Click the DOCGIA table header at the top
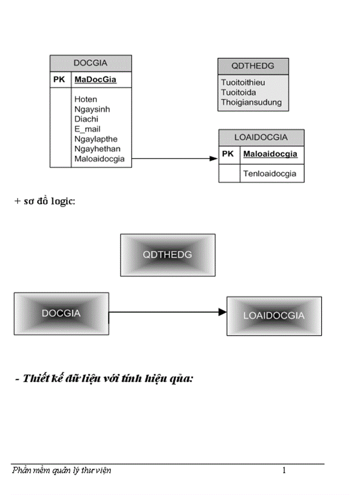pos(90,63)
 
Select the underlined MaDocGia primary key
pos(95,80)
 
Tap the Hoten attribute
pos(86,99)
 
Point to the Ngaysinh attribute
pos(92,109)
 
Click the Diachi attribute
pos(86,119)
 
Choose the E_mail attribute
pos(87,129)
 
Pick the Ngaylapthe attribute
pos(96,139)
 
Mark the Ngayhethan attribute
pos(97,149)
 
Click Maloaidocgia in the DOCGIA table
pos(99,159)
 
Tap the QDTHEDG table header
pos(253,66)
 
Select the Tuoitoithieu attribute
pos(243,82)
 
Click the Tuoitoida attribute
pos(239,93)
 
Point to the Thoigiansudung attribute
pos(251,103)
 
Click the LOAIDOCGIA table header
pos(261,138)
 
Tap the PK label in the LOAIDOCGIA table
pos(228,154)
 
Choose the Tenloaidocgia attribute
pos(270,174)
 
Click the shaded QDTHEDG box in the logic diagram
pos(168,255)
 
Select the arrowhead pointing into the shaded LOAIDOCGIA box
pos(222,312)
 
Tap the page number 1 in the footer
pos(284,471)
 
